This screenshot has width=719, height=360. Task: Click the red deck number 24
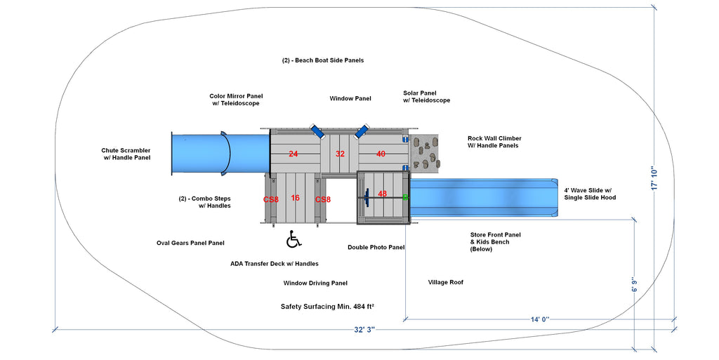pos(293,154)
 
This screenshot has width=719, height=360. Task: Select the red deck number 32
pos(340,154)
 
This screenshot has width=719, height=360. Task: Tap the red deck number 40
pos(381,154)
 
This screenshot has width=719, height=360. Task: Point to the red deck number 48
pos(383,194)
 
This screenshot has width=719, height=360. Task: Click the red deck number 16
pos(295,198)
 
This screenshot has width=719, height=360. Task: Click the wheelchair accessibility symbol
pos(293,239)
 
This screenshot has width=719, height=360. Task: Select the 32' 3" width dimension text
pos(364,330)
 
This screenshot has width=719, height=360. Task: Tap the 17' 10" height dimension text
pos(654,178)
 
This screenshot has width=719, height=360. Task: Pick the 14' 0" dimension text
pos(540,319)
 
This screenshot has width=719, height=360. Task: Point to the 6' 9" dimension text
pos(635,284)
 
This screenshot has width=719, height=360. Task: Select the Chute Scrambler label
pos(126,154)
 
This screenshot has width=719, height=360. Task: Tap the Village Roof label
pos(446,282)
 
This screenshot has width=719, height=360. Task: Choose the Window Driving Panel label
pos(315,283)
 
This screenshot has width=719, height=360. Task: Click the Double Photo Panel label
pos(376,247)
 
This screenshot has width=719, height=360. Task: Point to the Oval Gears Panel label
pos(191,243)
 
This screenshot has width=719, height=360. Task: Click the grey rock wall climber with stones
pos(424,154)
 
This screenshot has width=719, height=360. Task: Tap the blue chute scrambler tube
pos(220,154)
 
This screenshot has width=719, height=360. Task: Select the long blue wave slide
pos(484,198)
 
